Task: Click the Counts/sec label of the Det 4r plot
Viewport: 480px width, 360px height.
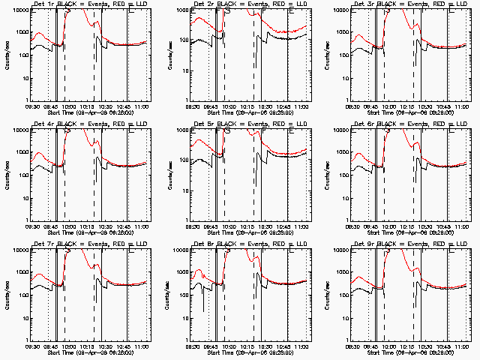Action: pyautogui.click(x=7, y=175)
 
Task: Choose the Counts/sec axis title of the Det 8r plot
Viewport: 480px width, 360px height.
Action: pyautogui.click(x=167, y=295)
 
